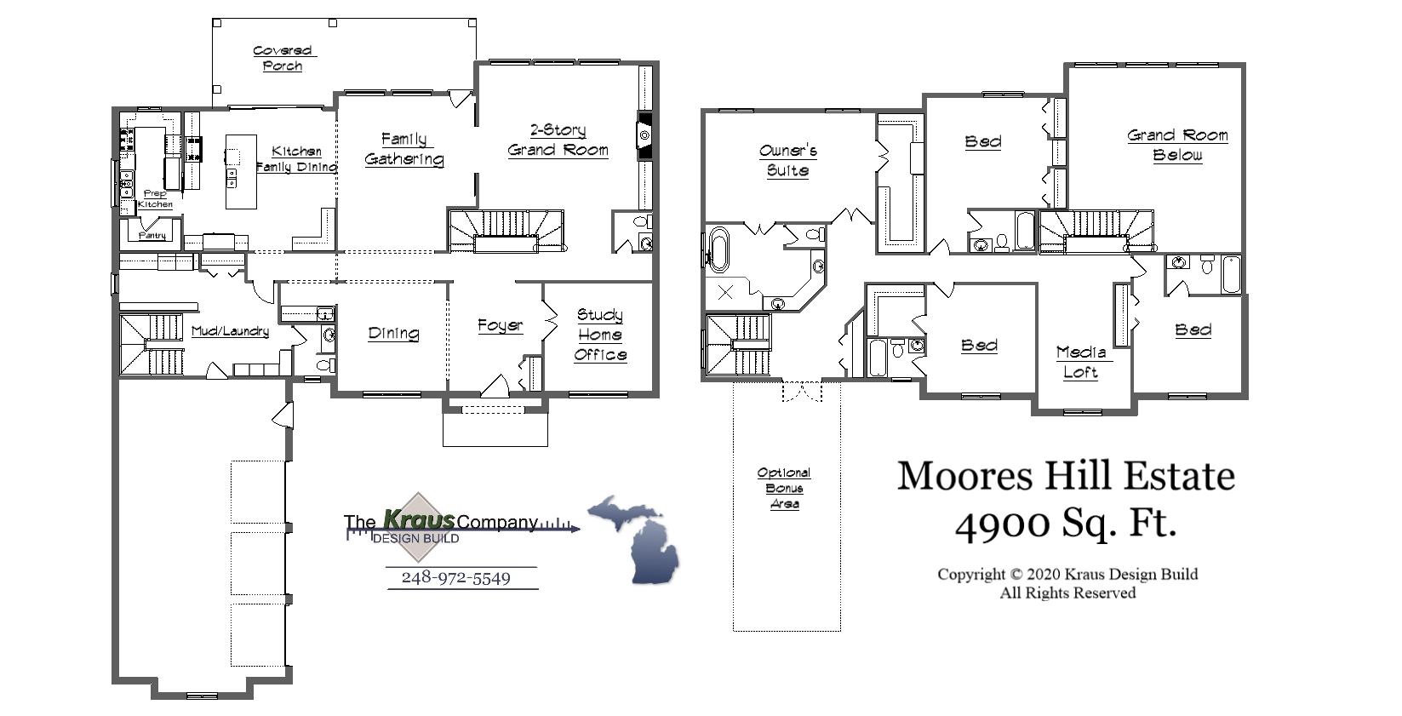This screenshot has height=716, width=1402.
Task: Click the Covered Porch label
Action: pos(283,59)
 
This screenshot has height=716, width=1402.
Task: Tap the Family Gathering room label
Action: pos(404,149)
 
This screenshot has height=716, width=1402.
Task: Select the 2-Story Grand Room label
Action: pos(558,140)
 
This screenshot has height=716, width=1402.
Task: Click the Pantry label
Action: pos(152,235)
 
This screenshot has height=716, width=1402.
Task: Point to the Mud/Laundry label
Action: pos(230,331)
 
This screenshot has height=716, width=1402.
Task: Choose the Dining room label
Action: pos(393,333)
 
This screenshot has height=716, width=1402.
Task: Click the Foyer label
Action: pos(500,325)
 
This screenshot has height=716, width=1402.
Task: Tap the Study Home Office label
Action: pos(600,335)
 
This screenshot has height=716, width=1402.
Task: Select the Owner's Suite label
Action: pos(788,160)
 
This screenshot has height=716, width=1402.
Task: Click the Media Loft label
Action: pos(1081,362)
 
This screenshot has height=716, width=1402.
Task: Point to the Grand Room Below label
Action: pos(1178,145)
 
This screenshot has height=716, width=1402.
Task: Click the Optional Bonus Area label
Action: pos(784,488)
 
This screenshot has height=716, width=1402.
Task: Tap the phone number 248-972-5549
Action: pos(455,578)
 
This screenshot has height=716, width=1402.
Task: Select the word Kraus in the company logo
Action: pos(419,519)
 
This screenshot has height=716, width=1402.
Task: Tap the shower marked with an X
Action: pos(725,293)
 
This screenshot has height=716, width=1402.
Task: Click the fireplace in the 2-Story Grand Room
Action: pos(644,135)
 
